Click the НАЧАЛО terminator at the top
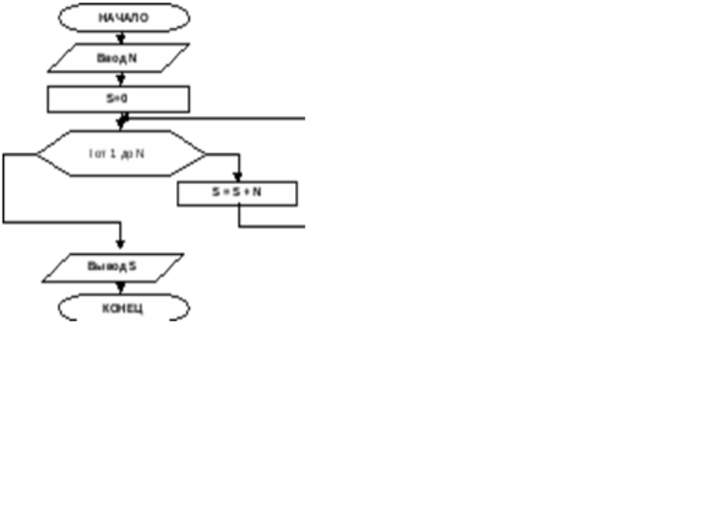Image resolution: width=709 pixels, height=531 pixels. tap(123, 17)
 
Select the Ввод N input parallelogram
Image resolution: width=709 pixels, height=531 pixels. tap(118, 58)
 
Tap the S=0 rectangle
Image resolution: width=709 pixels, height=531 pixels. tap(118, 98)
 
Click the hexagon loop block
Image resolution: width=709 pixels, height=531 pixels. tap(121, 154)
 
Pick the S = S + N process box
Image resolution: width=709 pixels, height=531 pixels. tap(237, 193)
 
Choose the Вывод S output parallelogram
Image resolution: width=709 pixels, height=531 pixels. tap(113, 267)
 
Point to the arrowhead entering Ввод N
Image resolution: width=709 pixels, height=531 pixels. tap(121, 39)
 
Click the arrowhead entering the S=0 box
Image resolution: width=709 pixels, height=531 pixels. tap(121, 80)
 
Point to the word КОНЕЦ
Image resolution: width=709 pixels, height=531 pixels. tap(123, 309)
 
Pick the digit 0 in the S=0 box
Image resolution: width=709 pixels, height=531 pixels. tap(123, 98)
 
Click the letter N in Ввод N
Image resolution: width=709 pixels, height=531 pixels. tap(131, 58)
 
